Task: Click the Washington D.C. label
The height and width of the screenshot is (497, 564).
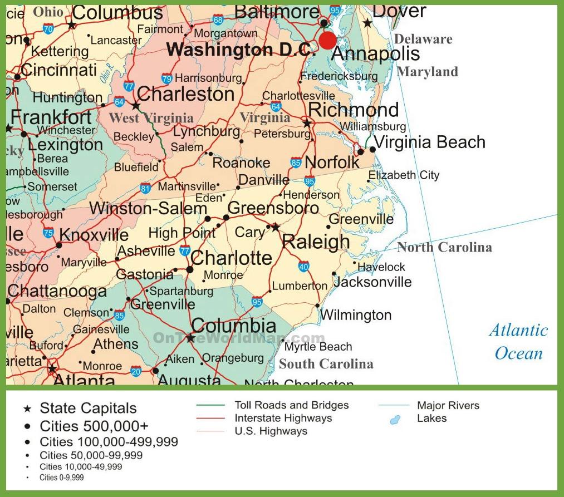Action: [238, 50]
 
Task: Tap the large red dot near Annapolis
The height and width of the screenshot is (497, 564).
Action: [327, 40]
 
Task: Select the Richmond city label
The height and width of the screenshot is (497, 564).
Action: [353, 110]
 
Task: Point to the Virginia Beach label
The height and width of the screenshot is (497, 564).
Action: [429, 142]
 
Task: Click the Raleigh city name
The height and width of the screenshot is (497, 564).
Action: [316, 242]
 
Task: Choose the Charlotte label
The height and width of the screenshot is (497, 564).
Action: [231, 258]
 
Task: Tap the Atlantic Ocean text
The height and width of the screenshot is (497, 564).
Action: [518, 342]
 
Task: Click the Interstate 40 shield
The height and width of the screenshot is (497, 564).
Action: [303, 267]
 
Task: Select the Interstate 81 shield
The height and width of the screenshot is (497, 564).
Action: [145, 188]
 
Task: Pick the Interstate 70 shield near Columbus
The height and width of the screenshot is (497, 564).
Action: [48, 29]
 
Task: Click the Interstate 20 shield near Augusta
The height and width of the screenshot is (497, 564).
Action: [136, 371]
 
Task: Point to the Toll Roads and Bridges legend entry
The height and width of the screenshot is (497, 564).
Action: [291, 405]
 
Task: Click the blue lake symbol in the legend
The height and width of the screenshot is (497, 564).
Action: [395, 420]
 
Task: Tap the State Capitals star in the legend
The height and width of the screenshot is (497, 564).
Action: [27, 409]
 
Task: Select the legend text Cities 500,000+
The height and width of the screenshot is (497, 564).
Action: [94, 426]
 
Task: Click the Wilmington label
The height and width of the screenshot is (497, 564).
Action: [356, 316]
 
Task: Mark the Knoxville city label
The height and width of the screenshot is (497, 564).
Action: [94, 235]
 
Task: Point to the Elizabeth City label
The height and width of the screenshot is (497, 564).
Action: [404, 175]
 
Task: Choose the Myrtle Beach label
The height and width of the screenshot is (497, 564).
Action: [318, 347]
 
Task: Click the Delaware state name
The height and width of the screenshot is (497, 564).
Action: [423, 39]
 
